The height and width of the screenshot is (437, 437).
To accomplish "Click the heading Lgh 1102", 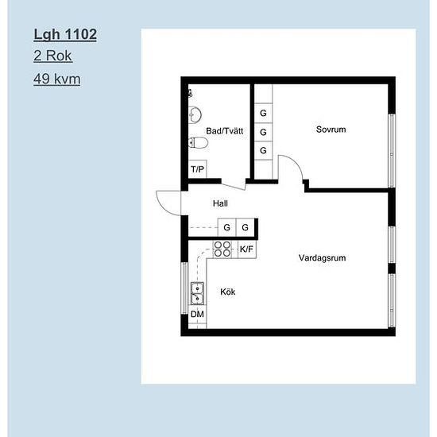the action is pyautogui.click(x=65, y=34).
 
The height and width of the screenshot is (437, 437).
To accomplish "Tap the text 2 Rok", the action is pyautogui.click(x=53, y=56).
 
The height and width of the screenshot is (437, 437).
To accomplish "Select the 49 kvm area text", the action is pyautogui.click(x=57, y=79).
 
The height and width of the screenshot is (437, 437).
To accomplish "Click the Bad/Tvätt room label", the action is pyautogui.click(x=225, y=131).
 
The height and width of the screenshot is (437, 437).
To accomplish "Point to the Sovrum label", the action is pyautogui.click(x=331, y=130).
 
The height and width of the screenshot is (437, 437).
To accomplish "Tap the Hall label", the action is pyautogui.click(x=220, y=203).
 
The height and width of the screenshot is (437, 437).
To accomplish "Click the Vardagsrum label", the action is pyautogui.click(x=322, y=257).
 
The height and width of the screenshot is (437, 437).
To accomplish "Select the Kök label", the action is pyautogui.click(x=228, y=292).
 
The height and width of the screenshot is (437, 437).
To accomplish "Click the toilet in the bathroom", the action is pyautogui.click(x=198, y=143).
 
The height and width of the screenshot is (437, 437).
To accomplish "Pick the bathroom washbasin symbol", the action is pyautogui.click(x=195, y=114).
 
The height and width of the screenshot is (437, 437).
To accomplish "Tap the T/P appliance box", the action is pyautogui.click(x=197, y=169).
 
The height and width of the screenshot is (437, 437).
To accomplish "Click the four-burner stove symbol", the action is pyautogui.click(x=222, y=249).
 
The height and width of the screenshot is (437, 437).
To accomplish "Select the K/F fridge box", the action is pyautogui.click(x=246, y=249).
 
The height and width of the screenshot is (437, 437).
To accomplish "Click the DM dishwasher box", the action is pyautogui.click(x=197, y=314).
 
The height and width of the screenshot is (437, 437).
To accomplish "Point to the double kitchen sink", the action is pyautogui.click(x=197, y=293).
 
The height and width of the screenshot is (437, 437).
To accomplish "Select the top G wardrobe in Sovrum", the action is pyautogui.click(x=263, y=113).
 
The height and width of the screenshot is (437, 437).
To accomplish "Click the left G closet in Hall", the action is pyautogui.click(x=227, y=227).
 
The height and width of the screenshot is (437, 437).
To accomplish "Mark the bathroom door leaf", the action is pyautogui.click(x=234, y=187).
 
